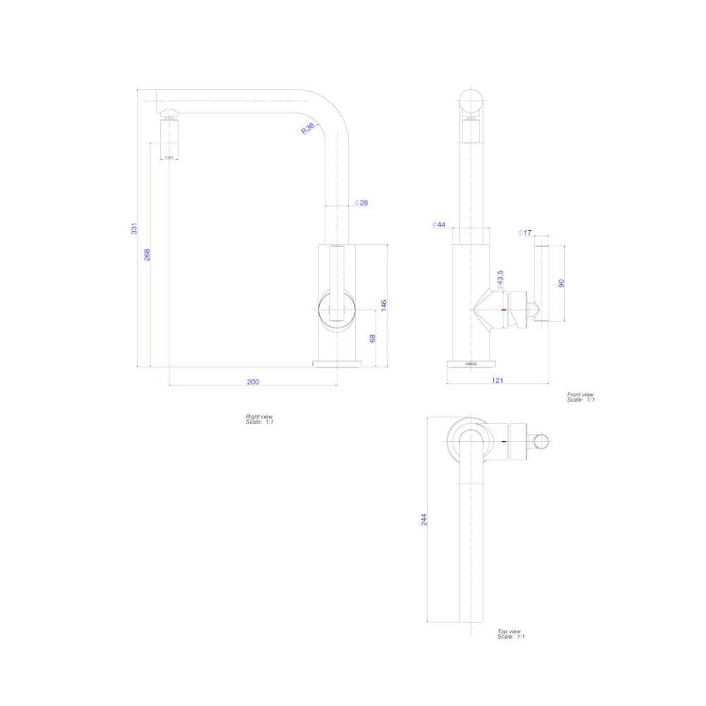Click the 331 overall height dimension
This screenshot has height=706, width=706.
tap(134, 228)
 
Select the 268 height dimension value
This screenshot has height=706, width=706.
tap(148, 254)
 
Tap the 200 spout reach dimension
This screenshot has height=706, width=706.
tap(253, 382)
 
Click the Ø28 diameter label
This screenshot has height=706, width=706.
tap(361, 203)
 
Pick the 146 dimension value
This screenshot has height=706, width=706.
tap(384, 305)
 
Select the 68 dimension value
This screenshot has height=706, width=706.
tap(373, 338)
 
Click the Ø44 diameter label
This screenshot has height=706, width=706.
tap(438, 225)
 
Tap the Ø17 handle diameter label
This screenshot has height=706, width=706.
tap(525, 232)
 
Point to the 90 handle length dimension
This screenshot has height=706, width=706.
tap(562, 282)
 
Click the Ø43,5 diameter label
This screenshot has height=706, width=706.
tap(500, 279)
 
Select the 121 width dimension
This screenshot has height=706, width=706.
tap(497, 381)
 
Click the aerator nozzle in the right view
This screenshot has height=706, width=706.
tap(170, 138)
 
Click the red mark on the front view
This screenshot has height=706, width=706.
tap(503, 311)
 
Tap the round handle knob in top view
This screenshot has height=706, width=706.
tap(541, 442)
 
